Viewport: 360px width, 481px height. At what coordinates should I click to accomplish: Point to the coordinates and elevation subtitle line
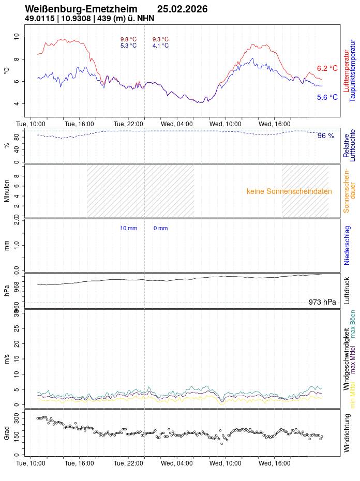point(89,19)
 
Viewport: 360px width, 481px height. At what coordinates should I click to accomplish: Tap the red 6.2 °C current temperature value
point(327,68)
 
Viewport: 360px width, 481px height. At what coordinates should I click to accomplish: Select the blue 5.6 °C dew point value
point(327,97)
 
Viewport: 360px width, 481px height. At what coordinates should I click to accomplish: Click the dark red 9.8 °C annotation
point(128,39)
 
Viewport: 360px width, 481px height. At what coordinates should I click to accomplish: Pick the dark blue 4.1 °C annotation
point(160,46)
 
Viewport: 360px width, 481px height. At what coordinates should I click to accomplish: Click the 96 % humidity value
point(326,136)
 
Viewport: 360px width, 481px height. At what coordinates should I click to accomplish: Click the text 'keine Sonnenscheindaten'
point(289,191)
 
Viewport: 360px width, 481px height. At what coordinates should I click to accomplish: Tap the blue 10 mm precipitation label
point(129,228)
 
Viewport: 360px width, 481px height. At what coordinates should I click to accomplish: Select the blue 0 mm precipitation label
point(160,228)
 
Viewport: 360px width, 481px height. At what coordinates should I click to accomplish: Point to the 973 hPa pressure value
point(322,302)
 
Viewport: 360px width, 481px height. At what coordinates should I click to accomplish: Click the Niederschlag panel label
point(347,245)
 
